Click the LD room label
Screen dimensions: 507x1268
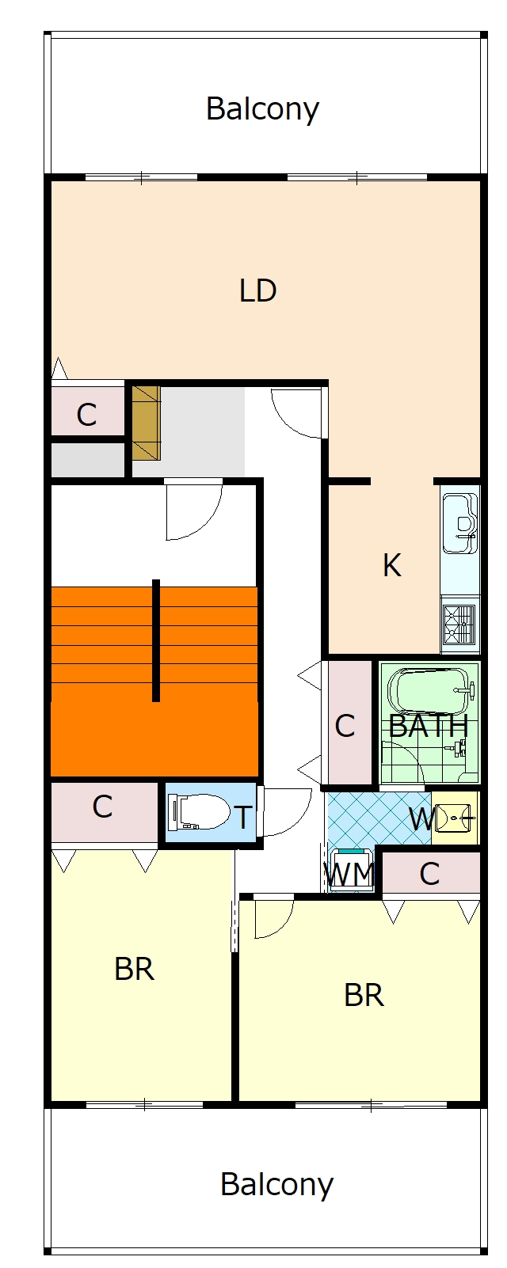[x=257, y=290]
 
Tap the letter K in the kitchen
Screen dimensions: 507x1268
[x=392, y=565]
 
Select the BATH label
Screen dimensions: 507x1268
[x=429, y=726]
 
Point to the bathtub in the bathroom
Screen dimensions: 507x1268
[x=431, y=692]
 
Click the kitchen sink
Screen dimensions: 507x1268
[x=460, y=523]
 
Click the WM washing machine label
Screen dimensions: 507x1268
[x=349, y=874]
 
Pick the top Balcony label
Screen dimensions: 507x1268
[x=262, y=108]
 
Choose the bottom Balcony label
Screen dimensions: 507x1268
[x=276, y=1184]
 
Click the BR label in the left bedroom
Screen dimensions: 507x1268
[x=134, y=969]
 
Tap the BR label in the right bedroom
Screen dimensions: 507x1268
[x=364, y=995]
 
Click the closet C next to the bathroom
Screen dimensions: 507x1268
[x=345, y=726]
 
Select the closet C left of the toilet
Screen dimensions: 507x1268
[x=102, y=807]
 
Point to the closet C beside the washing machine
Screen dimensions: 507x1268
[x=429, y=874]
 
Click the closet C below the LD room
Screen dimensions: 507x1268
[x=86, y=415]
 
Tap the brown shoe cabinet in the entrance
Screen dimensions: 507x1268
[x=146, y=423]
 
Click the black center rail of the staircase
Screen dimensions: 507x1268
[x=156, y=640]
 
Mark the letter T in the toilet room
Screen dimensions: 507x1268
[x=243, y=818]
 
